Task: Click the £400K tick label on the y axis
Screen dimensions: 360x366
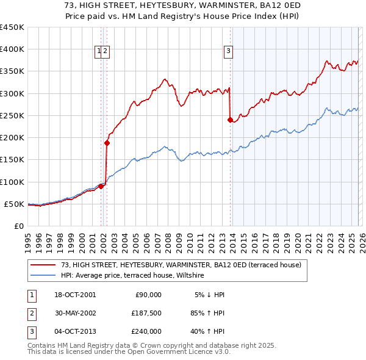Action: (x=12, y=49)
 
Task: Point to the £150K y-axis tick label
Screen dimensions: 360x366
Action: (x=12, y=160)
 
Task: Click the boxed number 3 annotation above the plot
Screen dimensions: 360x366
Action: (x=228, y=51)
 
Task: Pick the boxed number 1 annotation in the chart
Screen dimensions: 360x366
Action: (x=98, y=51)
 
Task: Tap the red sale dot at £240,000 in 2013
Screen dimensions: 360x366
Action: (x=230, y=120)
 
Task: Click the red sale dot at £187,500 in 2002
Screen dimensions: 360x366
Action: (x=107, y=143)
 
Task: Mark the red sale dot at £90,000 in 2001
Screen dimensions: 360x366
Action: (x=101, y=186)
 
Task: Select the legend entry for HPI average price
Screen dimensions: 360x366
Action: (x=134, y=276)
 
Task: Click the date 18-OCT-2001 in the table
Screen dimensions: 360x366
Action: (x=75, y=295)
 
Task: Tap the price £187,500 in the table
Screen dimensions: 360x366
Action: (x=146, y=313)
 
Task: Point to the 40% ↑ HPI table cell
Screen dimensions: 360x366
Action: (x=207, y=331)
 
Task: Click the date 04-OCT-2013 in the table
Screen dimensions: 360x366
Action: (x=75, y=331)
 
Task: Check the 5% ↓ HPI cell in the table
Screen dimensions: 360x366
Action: (x=209, y=295)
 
